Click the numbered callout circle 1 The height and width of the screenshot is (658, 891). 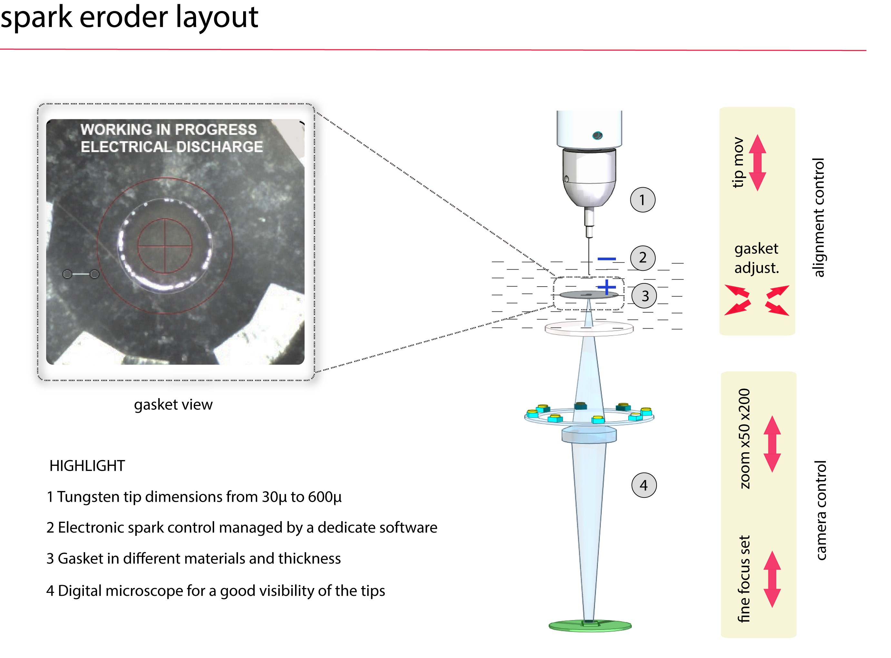(642, 200)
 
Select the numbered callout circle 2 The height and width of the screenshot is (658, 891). (642, 258)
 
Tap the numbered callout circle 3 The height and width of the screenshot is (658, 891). (644, 296)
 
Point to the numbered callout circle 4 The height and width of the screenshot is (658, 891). (644, 485)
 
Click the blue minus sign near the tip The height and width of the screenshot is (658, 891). (607, 259)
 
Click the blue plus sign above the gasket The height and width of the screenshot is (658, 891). (606, 287)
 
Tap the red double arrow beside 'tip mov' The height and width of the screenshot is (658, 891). (757, 162)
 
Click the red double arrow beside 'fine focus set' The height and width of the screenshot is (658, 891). (772, 579)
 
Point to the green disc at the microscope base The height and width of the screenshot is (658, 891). (590, 626)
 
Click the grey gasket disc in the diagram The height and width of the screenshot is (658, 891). (589, 295)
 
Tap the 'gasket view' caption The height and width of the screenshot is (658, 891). (173, 405)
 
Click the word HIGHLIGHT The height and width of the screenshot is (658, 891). (87, 466)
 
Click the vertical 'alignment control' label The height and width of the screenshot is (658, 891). (818, 218)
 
